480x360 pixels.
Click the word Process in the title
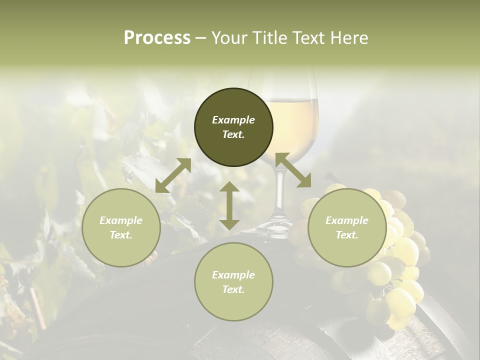click(x=157, y=37)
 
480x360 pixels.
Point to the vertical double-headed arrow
click(x=229, y=205)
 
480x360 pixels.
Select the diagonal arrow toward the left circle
click(x=173, y=175)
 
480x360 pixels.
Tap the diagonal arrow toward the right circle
click(x=293, y=170)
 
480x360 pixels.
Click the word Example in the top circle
click(x=233, y=120)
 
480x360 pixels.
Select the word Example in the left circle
click(x=121, y=220)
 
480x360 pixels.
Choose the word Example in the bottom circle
click(x=233, y=275)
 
